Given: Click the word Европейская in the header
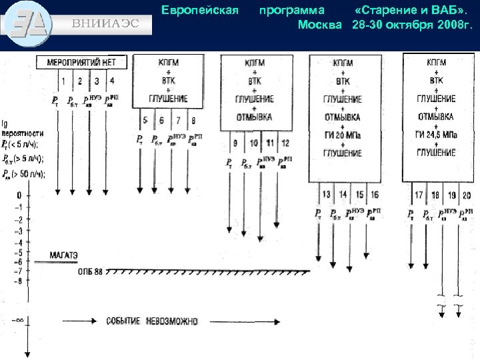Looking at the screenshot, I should (x=200, y=11).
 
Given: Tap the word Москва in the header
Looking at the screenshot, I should (x=319, y=25).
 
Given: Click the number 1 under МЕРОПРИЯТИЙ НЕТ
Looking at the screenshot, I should (x=63, y=81).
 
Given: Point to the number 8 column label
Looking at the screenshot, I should (x=193, y=121).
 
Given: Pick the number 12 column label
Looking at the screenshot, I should (x=285, y=143).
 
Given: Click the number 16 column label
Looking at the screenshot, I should (x=375, y=194).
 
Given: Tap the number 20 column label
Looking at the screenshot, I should (x=466, y=195).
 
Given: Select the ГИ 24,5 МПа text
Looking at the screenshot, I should (x=436, y=135).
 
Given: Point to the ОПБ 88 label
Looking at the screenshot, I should (x=90, y=271).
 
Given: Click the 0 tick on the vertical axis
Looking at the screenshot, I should (x=19, y=195).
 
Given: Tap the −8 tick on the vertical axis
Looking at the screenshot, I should (x=19, y=281).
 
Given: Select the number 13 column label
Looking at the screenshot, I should (x=326, y=194).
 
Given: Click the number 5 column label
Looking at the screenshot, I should (x=145, y=121).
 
